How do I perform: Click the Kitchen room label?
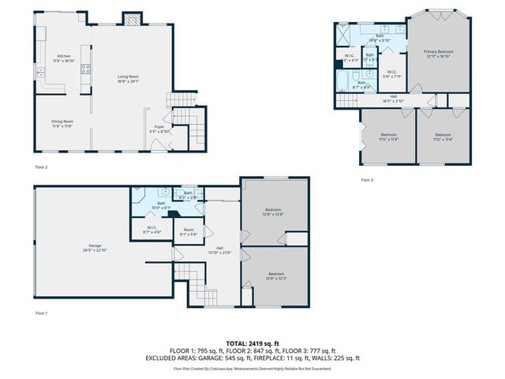tap(63, 58)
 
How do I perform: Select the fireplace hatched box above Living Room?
tap(129, 20)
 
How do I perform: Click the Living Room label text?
tap(128, 78)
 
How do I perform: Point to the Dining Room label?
tap(62, 123)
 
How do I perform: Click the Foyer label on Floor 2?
tap(159, 128)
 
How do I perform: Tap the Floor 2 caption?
tap(41, 167)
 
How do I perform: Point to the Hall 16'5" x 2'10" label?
tap(392, 99)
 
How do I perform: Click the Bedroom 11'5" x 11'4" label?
tap(388, 137)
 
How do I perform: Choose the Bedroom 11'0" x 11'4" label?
tap(443, 137)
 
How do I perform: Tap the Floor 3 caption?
tap(367, 180)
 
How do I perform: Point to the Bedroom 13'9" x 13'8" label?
tap(274, 212)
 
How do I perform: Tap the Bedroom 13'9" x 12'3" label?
tap(274, 276)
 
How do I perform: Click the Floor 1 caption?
tap(41, 313)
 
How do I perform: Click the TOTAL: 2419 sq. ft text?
tap(252, 343)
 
